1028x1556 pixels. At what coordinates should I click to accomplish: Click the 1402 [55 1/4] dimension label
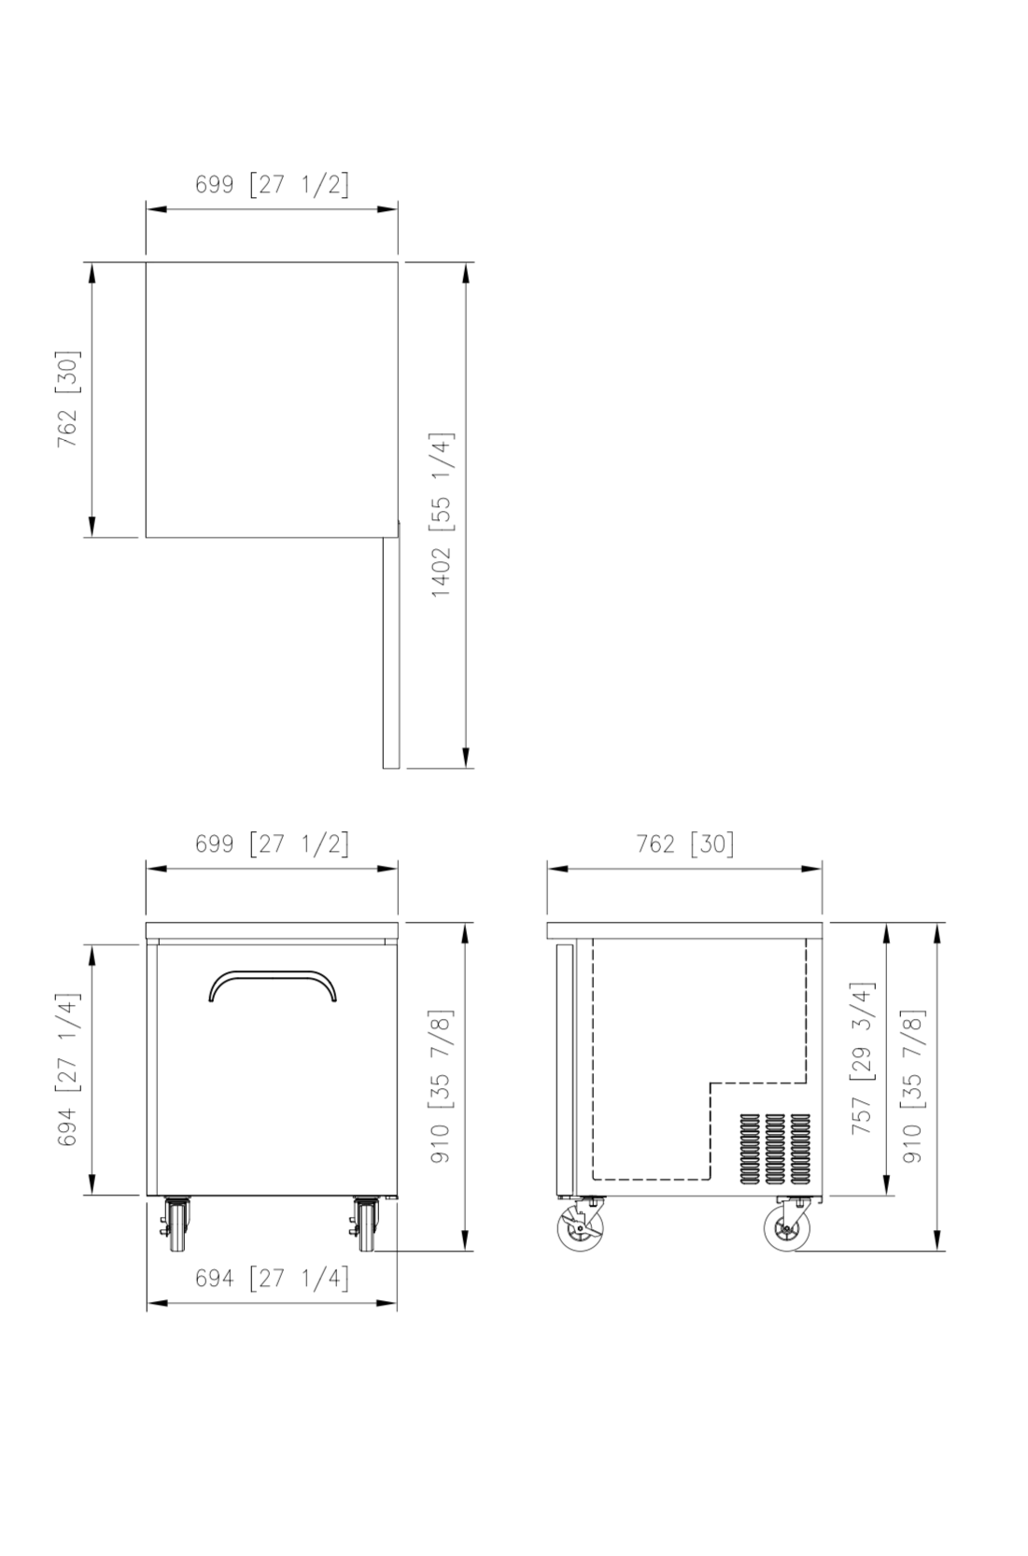click(441, 515)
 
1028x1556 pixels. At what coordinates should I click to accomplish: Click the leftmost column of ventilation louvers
click(750, 1149)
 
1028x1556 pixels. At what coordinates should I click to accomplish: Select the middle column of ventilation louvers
click(775, 1149)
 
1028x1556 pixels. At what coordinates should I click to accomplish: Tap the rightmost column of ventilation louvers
click(800, 1149)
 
